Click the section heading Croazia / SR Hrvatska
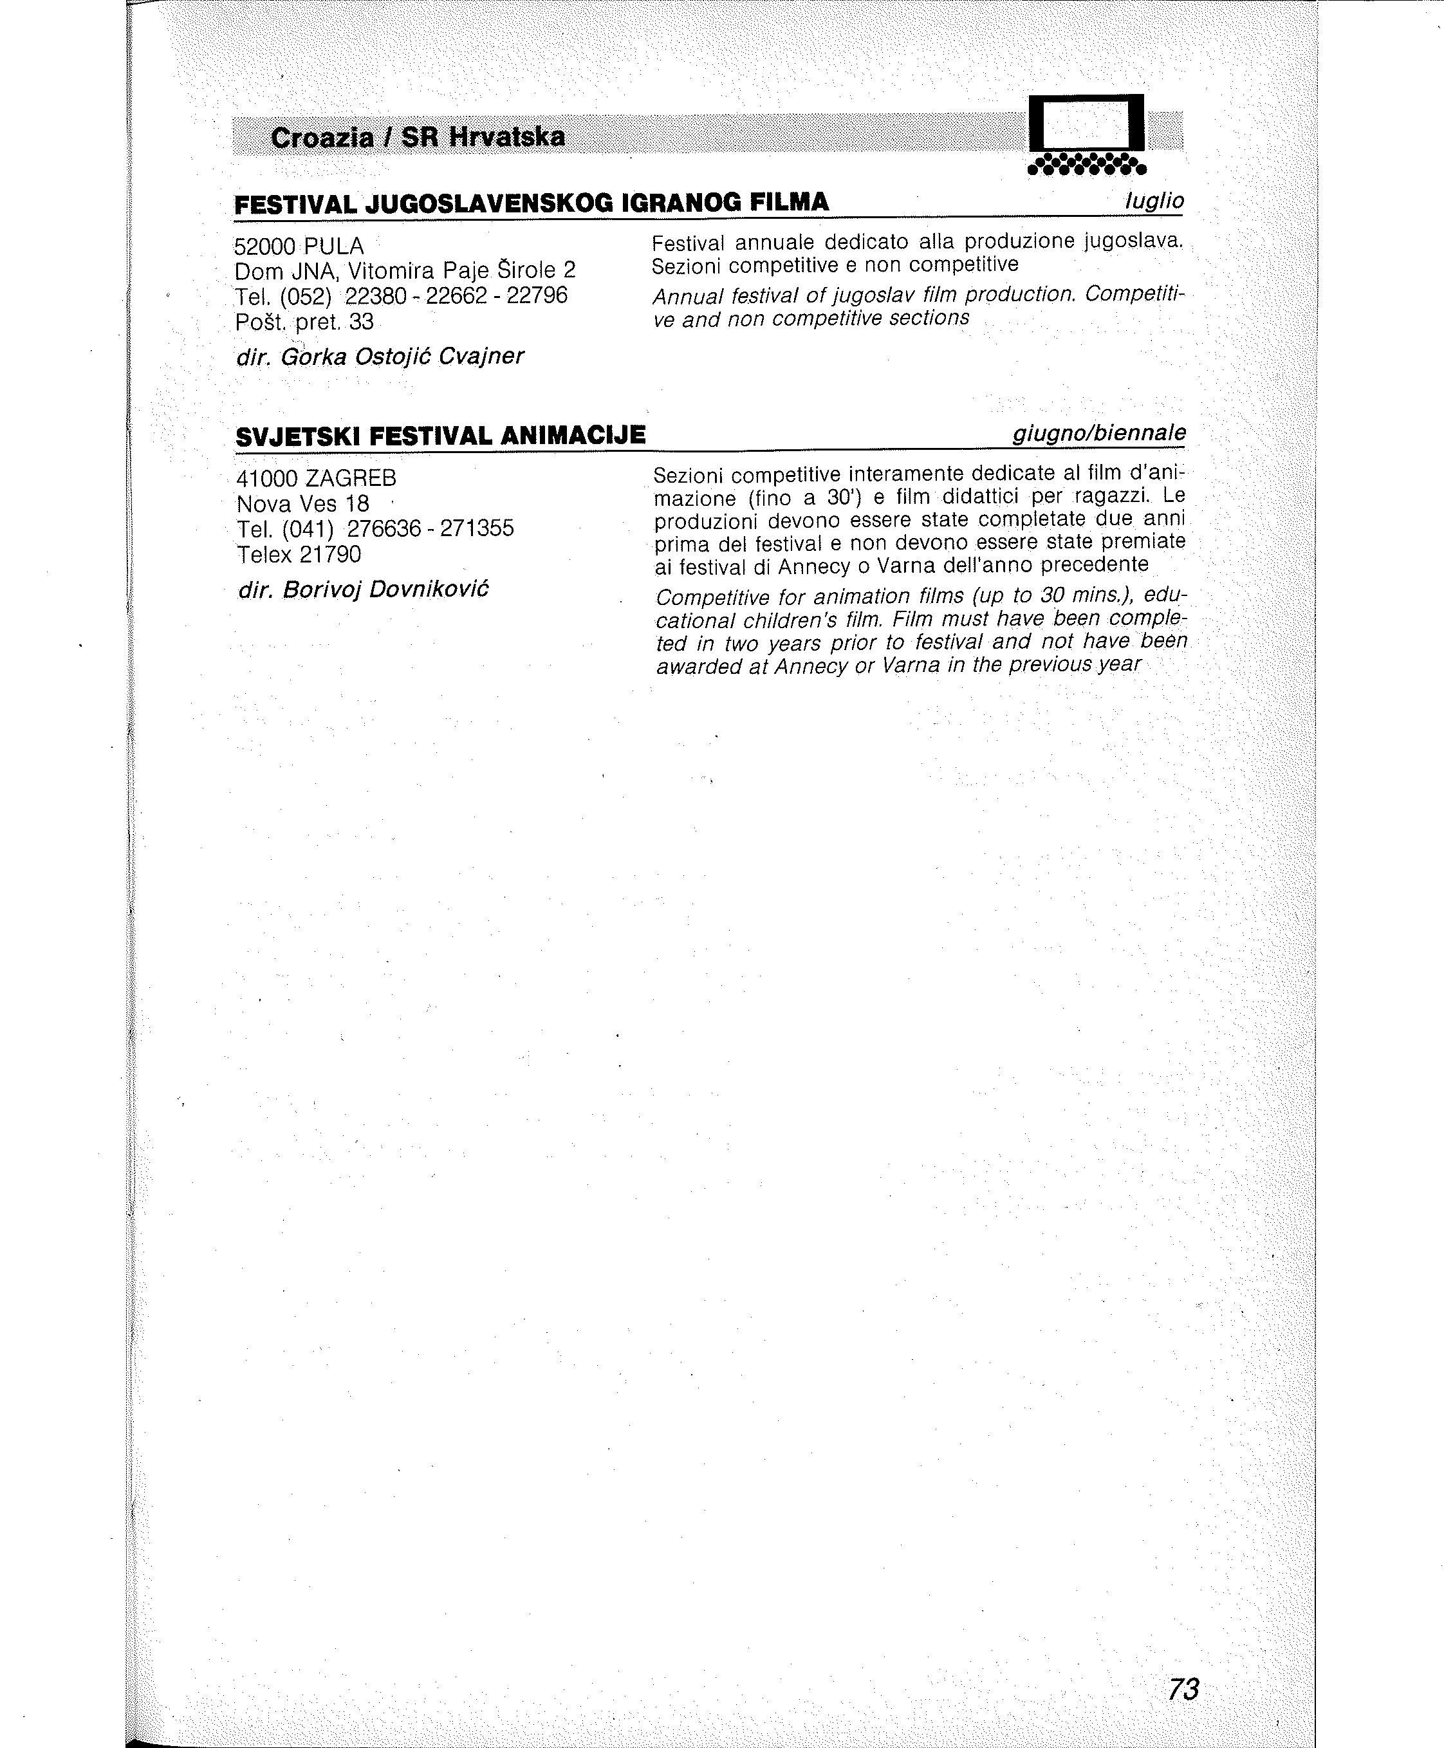[x=418, y=137]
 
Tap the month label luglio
[x=1154, y=201]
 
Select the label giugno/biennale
[x=1099, y=434]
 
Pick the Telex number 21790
[x=330, y=554]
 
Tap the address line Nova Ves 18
[x=303, y=504]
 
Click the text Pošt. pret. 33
[x=304, y=321]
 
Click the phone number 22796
[x=537, y=295]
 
